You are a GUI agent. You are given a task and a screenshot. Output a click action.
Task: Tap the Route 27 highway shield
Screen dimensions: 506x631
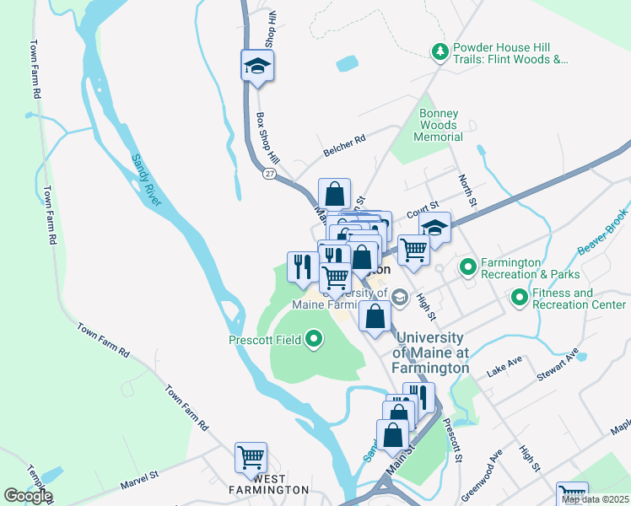(x=269, y=173)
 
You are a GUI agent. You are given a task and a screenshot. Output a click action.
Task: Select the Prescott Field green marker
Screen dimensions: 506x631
(x=314, y=340)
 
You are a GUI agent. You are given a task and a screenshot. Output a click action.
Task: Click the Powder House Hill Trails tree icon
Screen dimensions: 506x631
(x=440, y=53)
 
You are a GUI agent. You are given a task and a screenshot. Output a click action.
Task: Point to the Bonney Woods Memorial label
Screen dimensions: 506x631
(x=439, y=125)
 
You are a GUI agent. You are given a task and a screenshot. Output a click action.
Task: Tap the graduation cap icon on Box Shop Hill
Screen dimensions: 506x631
(x=257, y=67)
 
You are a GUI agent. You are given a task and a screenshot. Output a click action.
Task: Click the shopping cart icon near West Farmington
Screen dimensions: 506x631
(x=251, y=458)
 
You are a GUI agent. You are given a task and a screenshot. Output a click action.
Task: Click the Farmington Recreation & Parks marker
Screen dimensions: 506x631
(x=467, y=268)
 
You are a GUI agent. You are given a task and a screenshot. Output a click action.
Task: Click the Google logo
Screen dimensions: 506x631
(x=28, y=496)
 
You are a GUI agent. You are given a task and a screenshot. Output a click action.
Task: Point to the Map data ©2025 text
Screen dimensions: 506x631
(x=595, y=499)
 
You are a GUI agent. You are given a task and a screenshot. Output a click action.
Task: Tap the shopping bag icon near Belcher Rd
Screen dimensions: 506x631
(x=334, y=194)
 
